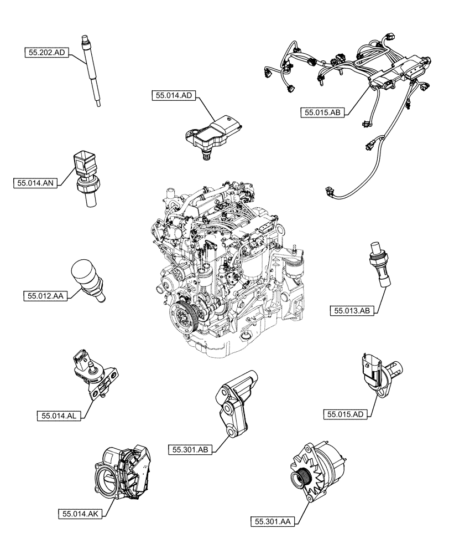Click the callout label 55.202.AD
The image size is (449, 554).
point(46,53)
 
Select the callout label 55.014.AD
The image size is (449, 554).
point(173,96)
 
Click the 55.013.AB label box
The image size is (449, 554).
point(351,311)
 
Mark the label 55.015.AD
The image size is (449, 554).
point(346,413)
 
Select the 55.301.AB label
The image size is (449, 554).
point(189,450)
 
